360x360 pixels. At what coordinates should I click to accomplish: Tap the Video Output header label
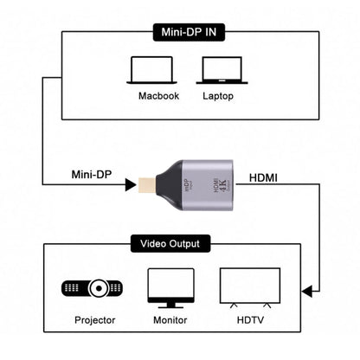pyautogui.click(x=180, y=244)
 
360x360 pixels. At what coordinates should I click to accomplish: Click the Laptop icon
pyautogui.click(x=218, y=70)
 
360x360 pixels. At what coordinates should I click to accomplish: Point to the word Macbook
pyautogui.click(x=158, y=96)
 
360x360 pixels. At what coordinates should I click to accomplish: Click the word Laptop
pyautogui.click(x=218, y=96)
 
